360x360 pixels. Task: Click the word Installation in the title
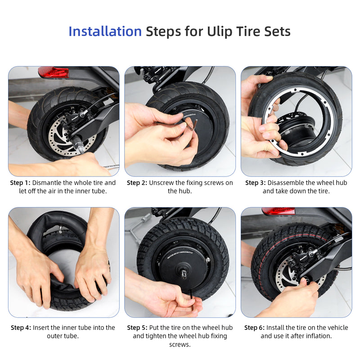point(105,31)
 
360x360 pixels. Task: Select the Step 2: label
point(137,183)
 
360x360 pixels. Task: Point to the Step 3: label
point(255,183)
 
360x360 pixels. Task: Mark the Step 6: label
point(254,328)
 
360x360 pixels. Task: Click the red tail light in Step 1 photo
point(53,72)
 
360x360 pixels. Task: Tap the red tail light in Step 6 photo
point(278,211)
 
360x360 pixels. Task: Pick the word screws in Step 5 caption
point(180,345)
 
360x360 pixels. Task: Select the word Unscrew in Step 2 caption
point(163,183)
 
